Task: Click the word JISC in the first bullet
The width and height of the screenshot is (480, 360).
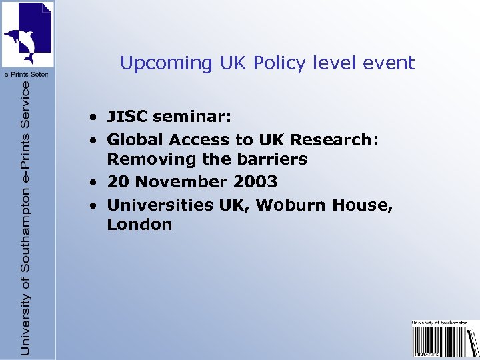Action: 127,117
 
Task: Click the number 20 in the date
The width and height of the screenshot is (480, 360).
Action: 117,181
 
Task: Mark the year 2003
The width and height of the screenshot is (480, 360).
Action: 255,181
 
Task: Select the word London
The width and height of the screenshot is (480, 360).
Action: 139,225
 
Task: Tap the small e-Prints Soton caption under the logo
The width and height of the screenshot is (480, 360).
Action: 27,73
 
